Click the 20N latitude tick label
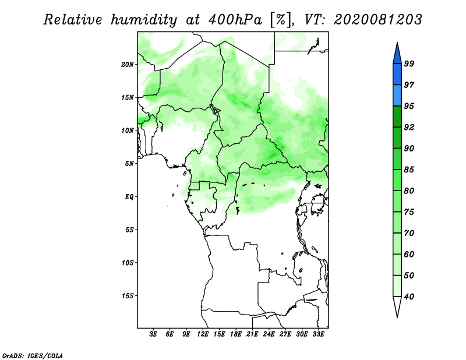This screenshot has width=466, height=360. coord(128,65)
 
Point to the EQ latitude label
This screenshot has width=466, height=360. coord(129,197)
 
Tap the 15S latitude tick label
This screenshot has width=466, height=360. coord(128,296)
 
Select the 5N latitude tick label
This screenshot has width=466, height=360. coord(129,164)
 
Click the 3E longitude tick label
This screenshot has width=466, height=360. coord(153,334)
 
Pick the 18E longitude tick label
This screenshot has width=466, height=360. coord(236,334)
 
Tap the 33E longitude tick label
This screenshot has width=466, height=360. coord(318,334)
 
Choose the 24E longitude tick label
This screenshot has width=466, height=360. coord(269,334)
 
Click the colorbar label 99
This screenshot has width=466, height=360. coord(409,63)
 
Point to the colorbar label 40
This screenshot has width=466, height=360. coord(409,297)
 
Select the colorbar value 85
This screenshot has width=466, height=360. coord(409,170)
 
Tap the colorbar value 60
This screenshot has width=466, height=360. coord(409,254)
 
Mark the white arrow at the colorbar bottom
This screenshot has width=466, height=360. coord(397,306)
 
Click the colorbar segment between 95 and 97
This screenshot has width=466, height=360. coord(397,96)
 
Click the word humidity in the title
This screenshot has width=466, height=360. coord(144,20)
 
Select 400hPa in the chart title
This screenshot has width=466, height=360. coord(235,20)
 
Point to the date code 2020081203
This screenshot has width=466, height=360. coord(377,20)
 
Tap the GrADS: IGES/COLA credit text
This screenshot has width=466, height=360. coord(33,355)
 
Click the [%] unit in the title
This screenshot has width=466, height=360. coord(281,20)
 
